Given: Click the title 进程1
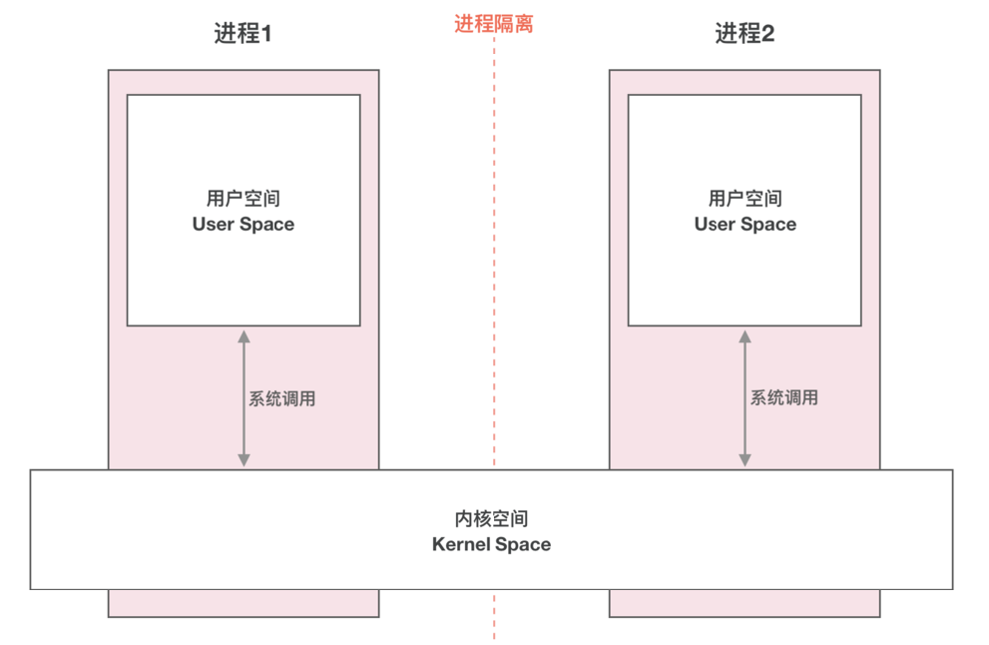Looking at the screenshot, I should click(243, 33).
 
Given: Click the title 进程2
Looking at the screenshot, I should click(744, 33).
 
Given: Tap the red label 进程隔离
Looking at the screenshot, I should click(494, 23).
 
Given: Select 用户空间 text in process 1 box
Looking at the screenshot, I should click(244, 200).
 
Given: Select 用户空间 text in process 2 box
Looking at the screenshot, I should click(745, 200).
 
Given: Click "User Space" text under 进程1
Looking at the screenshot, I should click(244, 225).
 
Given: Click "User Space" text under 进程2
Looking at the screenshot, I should click(745, 225).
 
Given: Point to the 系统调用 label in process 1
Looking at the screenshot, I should click(282, 398).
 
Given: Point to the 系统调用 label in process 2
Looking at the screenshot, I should click(784, 398).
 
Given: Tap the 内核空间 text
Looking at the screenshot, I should click(491, 519).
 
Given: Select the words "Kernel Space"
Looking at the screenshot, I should click(491, 545).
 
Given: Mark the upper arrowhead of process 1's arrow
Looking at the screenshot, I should click(244, 336).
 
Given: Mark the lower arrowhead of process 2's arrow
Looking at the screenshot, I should click(744, 460).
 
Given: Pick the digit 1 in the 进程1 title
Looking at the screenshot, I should click(266, 34).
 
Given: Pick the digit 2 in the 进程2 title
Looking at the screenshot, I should click(768, 34).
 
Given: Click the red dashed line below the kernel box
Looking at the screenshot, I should click(494, 614).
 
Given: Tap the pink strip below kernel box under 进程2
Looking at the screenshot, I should click(744, 603).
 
